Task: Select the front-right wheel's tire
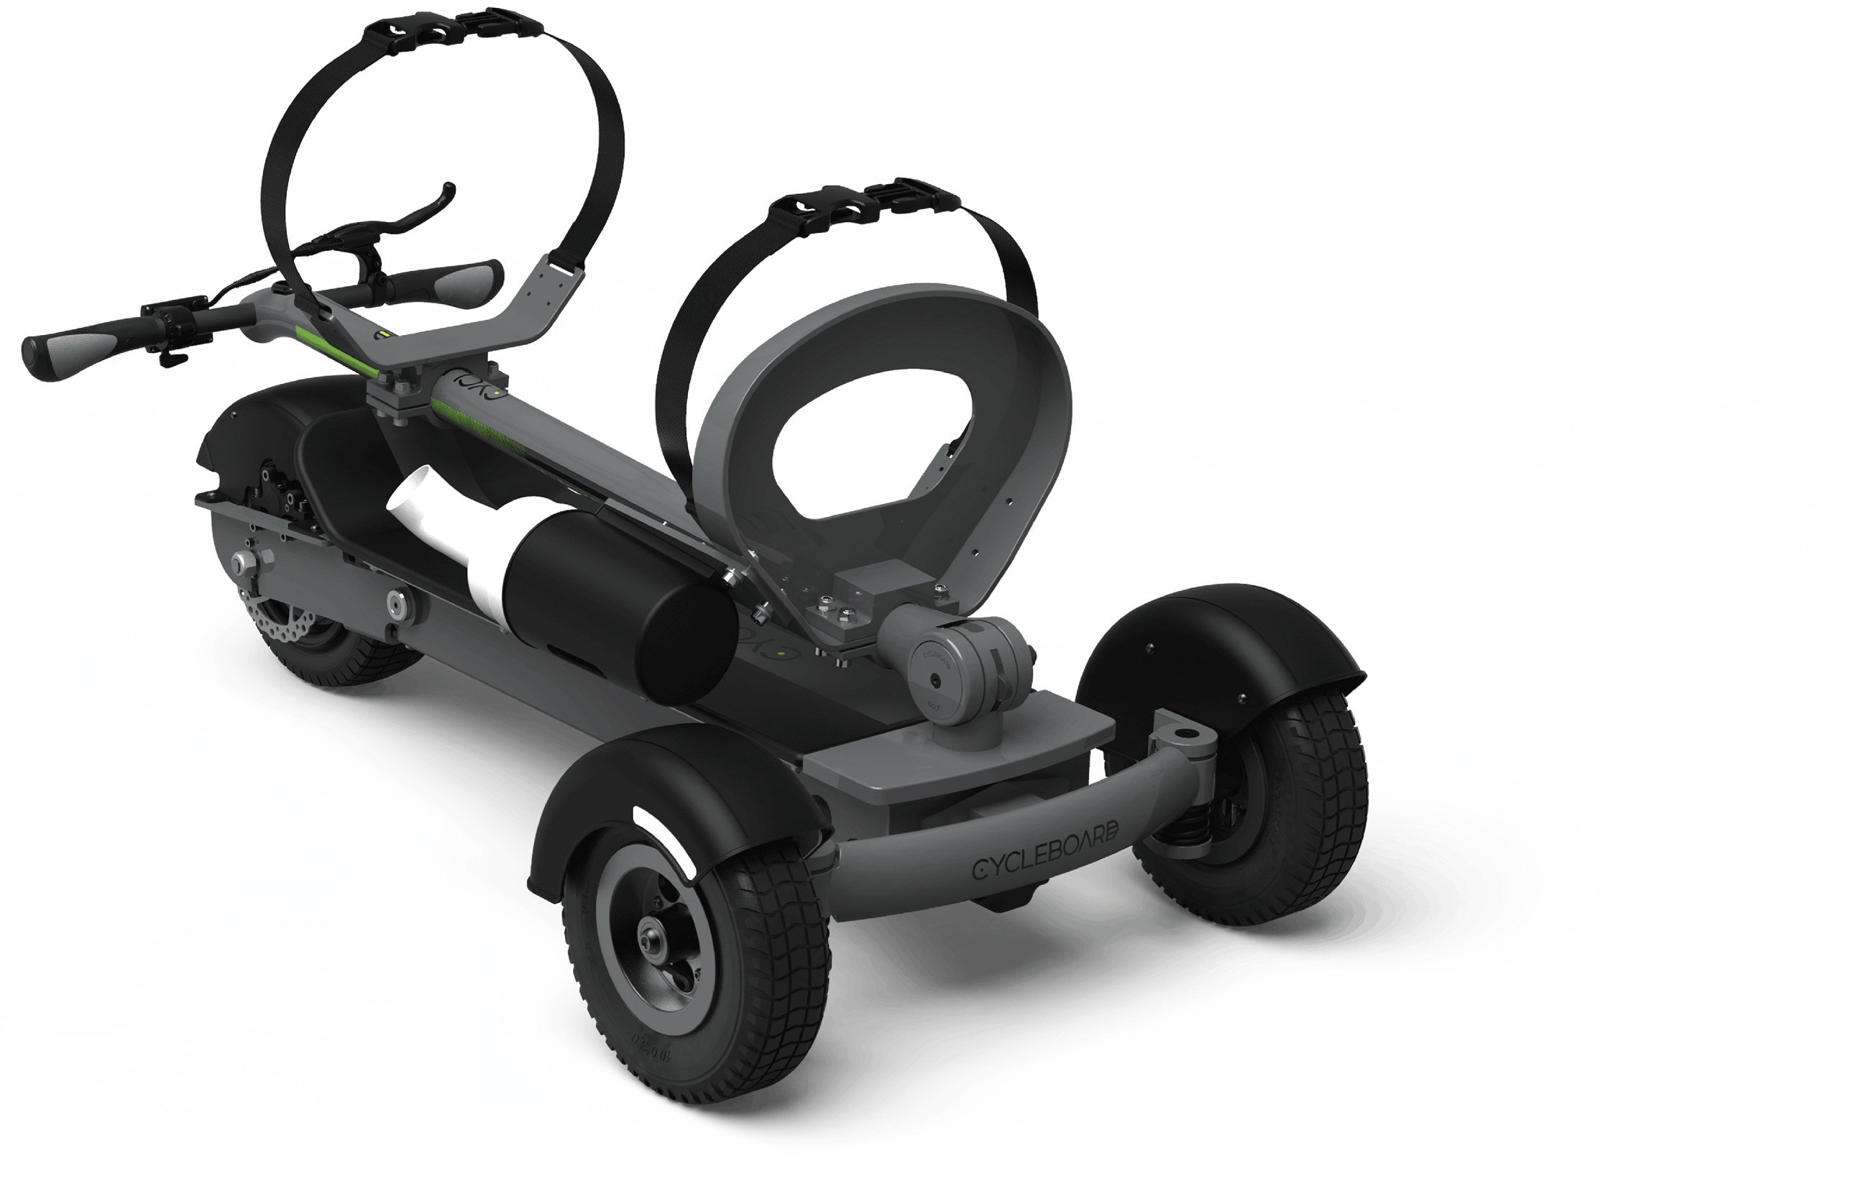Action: coord(1319,812)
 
